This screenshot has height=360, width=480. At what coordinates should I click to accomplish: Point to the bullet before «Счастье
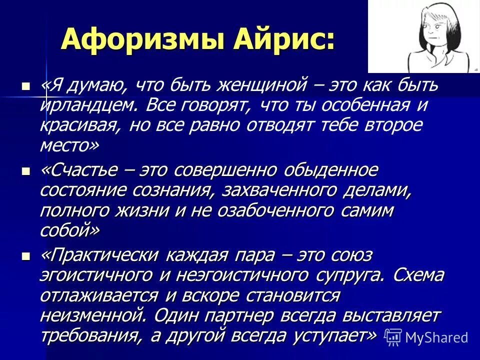tap(26, 171)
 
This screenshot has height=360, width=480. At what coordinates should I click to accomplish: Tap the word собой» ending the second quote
tap(70, 230)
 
